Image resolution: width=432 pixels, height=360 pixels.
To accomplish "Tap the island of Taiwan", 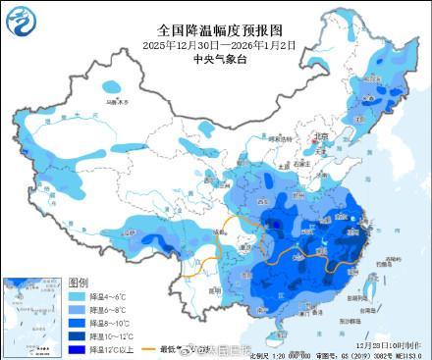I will pyautogui.click(x=374, y=285).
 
